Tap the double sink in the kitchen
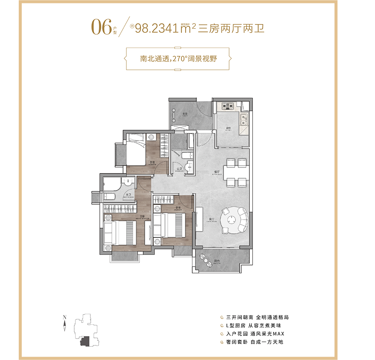(244, 119)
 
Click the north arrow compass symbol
(65, 323)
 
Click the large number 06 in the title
(102, 27)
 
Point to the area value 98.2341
(157, 29)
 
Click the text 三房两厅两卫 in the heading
(231, 28)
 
